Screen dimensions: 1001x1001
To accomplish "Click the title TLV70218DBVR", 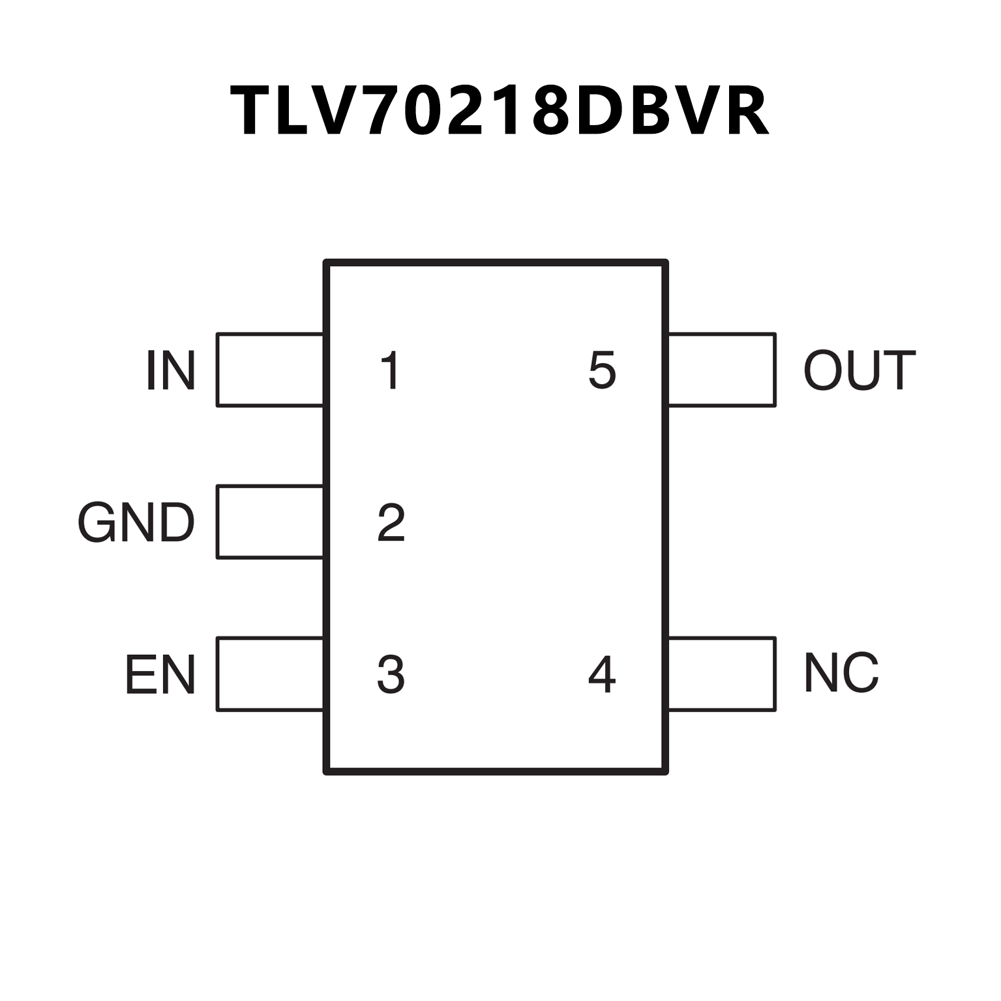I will click(x=500, y=111).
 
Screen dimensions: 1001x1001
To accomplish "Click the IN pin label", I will click(x=171, y=370).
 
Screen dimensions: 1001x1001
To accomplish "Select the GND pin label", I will click(x=136, y=522).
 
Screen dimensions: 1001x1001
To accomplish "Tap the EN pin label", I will click(x=160, y=674).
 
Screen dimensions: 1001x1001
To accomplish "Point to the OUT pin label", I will click(x=859, y=370).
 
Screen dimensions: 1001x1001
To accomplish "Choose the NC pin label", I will click(x=842, y=672).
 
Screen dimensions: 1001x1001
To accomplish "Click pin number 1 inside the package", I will click(x=391, y=370).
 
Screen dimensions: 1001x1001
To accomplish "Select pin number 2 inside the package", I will click(x=391, y=522).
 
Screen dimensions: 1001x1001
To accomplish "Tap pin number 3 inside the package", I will click(x=391, y=674).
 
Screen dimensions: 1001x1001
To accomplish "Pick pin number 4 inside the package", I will click(x=602, y=674).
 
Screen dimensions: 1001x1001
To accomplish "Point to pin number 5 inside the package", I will click(x=602, y=370).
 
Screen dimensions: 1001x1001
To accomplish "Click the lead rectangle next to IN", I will click(x=270, y=370).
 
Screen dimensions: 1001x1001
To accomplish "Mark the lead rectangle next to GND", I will click(x=270, y=522).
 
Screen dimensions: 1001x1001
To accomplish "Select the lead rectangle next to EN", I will click(x=270, y=674).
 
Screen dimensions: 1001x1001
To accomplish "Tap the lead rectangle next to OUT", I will click(x=722, y=370).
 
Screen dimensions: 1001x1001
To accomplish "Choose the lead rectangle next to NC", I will click(x=722, y=674).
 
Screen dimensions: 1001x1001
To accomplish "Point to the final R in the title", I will click(x=745, y=111).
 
